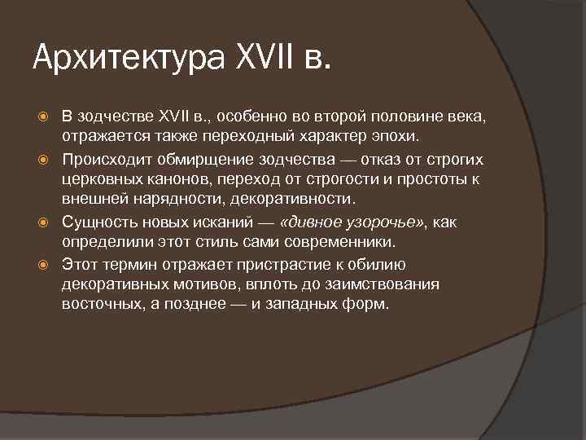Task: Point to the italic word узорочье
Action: pyautogui.click(x=380, y=222)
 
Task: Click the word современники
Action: pyautogui.click(x=322, y=241)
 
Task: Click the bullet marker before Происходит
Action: pyautogui.click(x=47, y=159)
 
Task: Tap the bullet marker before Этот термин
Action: pyautogui.click(x=47, y=266)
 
